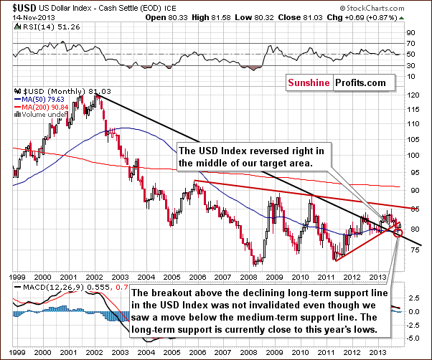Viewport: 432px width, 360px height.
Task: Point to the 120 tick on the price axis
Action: pyautogui.click(x=413, y=95)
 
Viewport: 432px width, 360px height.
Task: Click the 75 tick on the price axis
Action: pyautogui.click(x=413, y=250)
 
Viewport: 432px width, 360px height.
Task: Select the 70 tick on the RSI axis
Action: pyautogui.click(x=411, y=44)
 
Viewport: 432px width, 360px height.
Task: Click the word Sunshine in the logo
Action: pyautogui.click(x=309, y=83)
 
